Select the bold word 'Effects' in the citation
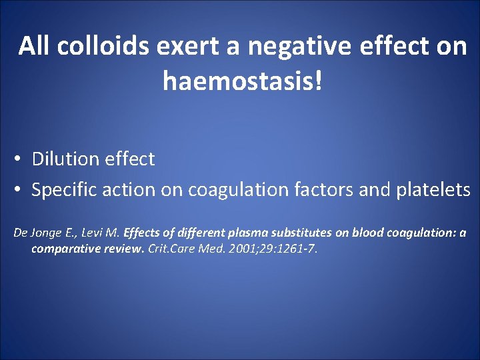click(141, 233)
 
